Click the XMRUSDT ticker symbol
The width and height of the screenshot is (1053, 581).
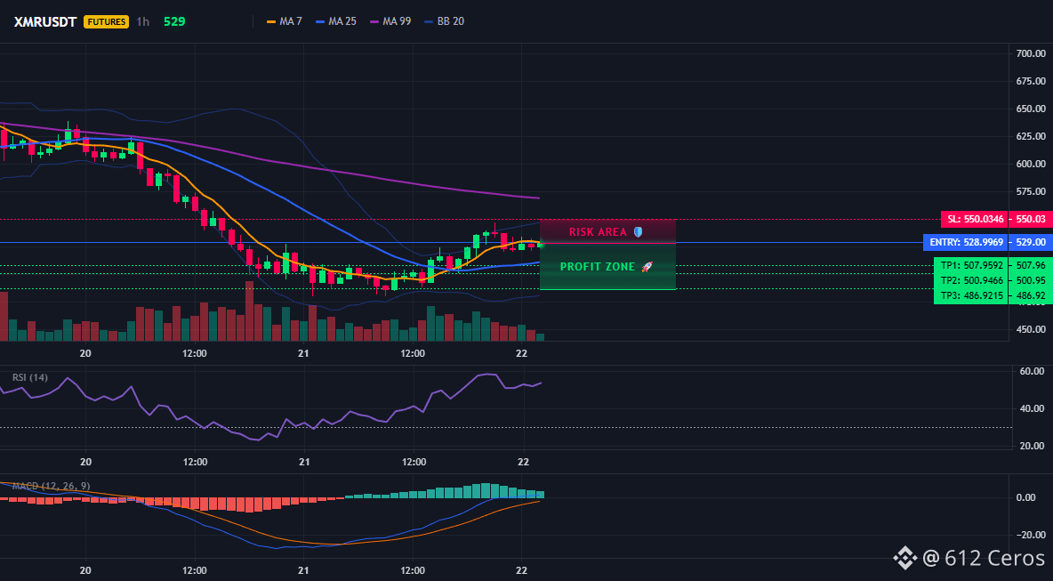45,21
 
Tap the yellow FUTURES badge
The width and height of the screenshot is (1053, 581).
106,21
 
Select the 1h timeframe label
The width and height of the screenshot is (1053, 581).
142,21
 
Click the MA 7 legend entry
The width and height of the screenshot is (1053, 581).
285,21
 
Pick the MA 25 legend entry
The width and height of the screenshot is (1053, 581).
336,21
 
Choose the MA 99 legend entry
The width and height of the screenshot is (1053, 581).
390,21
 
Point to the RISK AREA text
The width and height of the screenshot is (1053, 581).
598,231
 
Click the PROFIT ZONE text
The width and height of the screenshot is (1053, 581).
598,267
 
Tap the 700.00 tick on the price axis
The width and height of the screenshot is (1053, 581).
1031,53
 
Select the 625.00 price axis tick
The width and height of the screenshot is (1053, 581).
1031,135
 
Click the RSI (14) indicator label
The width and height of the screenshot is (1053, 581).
30,377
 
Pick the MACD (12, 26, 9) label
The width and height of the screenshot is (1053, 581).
51,486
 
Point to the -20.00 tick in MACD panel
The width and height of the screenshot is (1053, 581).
1031,535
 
